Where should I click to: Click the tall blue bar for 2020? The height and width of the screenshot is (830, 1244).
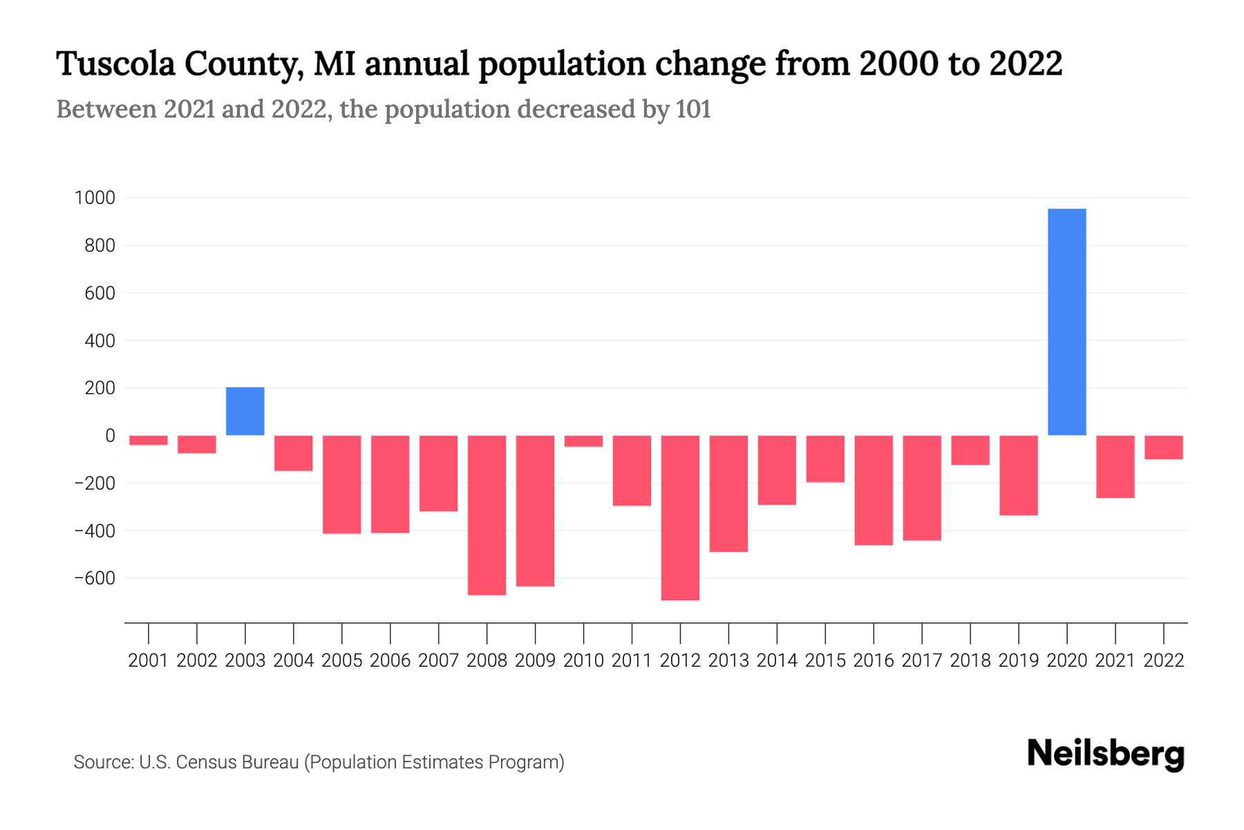1066,322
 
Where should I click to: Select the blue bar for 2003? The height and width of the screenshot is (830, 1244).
245,412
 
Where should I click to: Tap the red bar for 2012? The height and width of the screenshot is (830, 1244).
680,517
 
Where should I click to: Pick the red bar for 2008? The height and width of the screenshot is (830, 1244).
487,515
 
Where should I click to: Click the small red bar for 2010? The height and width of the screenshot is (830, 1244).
583,441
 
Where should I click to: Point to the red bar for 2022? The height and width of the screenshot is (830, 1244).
1163,448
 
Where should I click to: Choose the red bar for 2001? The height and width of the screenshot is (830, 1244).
149,440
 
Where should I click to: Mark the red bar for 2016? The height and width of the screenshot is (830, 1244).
874,490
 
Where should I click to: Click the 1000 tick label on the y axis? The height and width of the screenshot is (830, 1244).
95,199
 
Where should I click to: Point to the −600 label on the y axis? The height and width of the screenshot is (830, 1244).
95,578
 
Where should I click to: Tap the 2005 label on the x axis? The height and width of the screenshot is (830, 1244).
342,661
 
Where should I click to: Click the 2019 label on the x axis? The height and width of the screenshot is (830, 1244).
1019,661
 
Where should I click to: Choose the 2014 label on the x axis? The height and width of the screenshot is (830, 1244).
777,661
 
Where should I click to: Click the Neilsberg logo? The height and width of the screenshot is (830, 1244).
1106,754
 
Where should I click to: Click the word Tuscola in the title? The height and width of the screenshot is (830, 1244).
115,64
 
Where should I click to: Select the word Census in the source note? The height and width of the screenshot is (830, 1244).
203,762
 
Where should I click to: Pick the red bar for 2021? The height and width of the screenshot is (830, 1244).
1115,467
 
